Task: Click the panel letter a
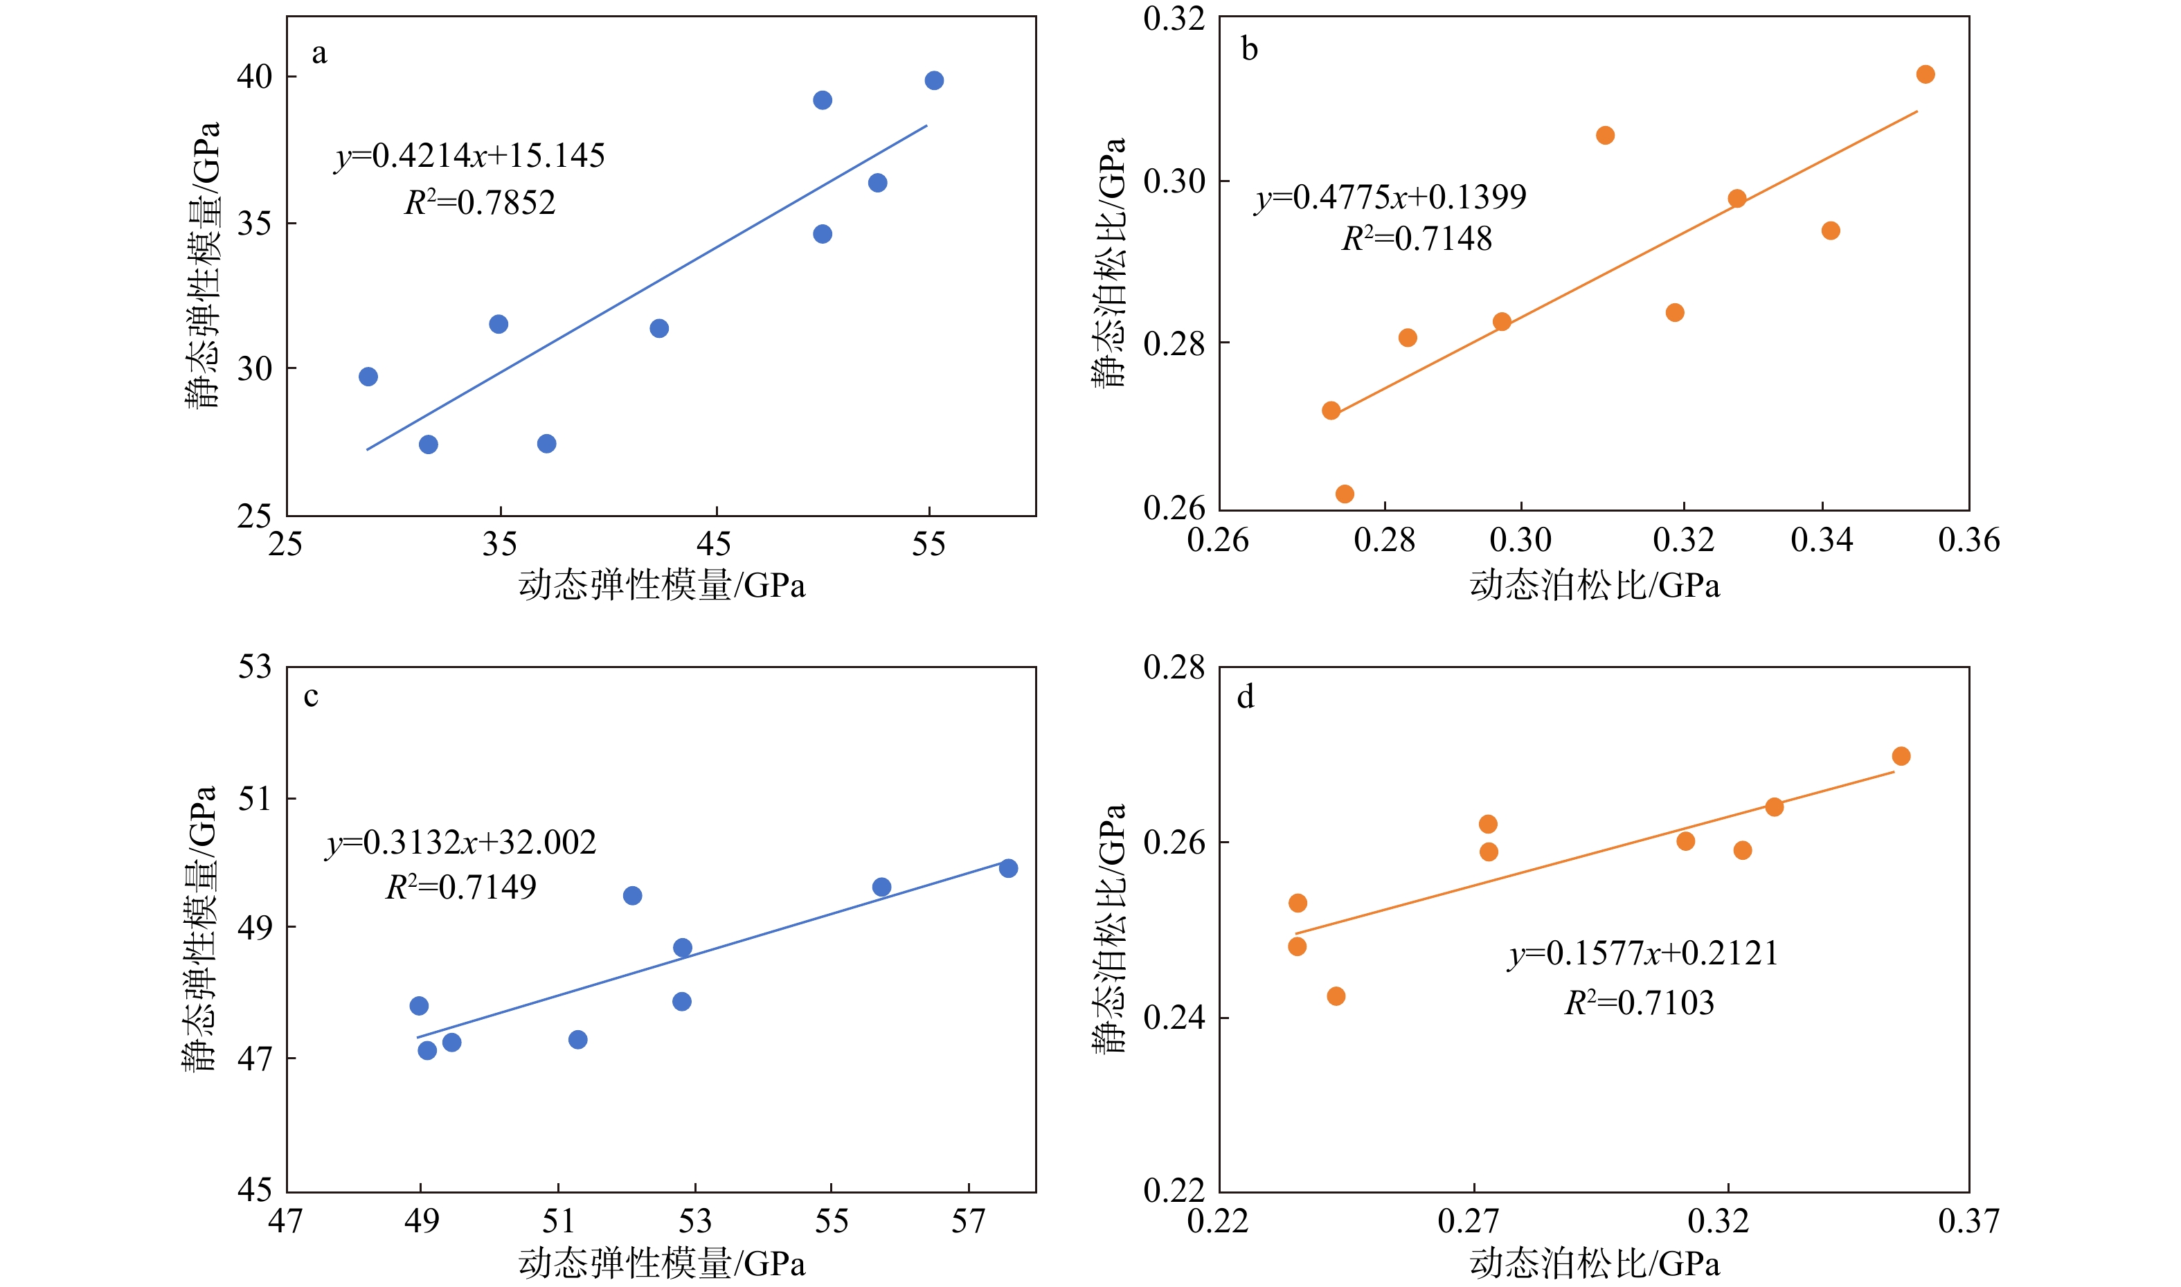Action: (x=319, y=54)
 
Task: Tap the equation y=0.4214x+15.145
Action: (x=470, y=156)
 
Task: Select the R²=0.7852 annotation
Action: (x=480, y=203)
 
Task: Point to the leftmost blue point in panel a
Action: (x=368, y=377)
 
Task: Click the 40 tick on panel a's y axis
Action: (x=254, y=77)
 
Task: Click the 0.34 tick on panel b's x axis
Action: (x=1821, y=540)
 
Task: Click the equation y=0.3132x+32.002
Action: (x=461, y=842)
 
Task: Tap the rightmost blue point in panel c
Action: (x=1007, y=868)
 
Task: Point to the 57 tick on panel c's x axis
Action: (x=968, y=1222)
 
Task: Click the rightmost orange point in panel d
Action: (x=1901, y=756)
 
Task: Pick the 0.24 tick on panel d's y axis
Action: (x=1174, y=1017)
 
